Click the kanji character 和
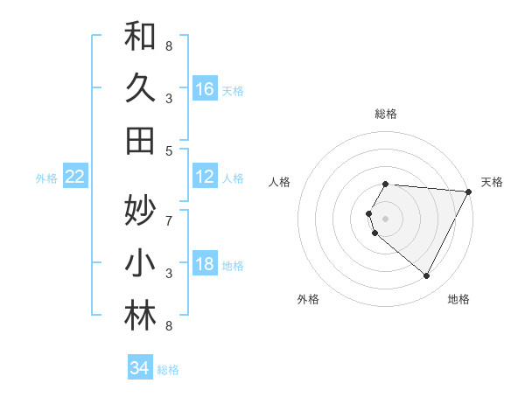pos(140,38)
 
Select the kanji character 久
pos(140,88)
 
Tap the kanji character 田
pos(140,140)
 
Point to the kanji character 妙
pos(140,211)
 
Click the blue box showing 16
pos(205,89)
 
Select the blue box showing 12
pos(205,178)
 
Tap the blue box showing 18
pos(205,264)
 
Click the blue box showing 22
pos(75,178)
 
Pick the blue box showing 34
pos(139,369)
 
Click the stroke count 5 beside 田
pos(169,150)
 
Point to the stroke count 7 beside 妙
pos(169,211)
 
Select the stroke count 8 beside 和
pos(169,45)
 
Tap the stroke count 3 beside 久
pos(169,98)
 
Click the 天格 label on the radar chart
pos(492,182)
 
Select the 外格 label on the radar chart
pos(308,299)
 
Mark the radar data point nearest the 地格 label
pos(427,276)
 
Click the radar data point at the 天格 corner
pos(469,192)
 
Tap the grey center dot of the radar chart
pos(386,219)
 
